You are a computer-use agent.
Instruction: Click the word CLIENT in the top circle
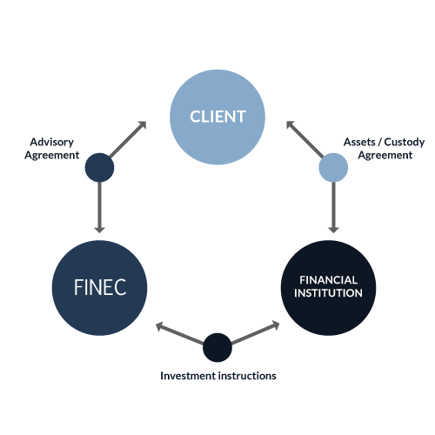(217, 117)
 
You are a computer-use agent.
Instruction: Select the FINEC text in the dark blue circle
(100, 287)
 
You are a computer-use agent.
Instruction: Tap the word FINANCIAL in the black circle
(328, 280)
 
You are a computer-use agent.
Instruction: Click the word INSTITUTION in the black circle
(328, 293)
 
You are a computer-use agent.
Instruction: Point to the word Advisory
(52, 143)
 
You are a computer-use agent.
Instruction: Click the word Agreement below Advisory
(52, 156)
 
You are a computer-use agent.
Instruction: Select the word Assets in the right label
(359, 142)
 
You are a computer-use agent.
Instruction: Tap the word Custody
(405, 143)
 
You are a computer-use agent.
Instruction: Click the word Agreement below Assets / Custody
(385, 156)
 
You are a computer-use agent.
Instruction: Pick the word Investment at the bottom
(188, 376)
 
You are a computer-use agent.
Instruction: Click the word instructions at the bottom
(247, 376)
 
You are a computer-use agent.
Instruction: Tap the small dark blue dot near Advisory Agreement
(99, 168)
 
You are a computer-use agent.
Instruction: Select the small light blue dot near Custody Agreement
(333, 168)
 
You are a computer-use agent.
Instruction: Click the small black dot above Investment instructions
(217, 347)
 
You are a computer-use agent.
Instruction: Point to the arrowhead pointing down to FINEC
(99, 229)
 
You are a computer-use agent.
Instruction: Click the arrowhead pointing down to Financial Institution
(333, 229)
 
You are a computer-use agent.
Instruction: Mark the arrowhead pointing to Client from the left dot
(142, 125)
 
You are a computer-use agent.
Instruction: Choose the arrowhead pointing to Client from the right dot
(291, 125)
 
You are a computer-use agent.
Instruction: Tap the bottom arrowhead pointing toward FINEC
(160, 326)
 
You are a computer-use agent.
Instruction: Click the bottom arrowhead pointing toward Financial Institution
(275, 325)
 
